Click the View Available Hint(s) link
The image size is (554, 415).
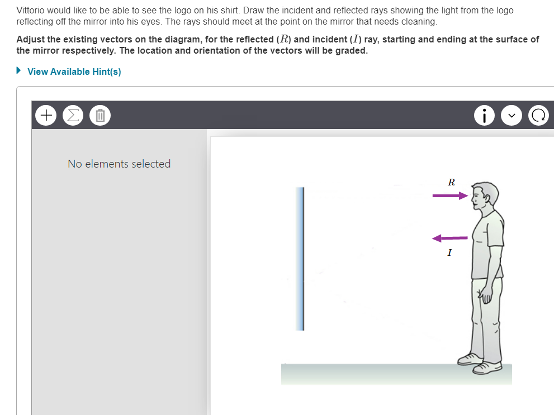74,71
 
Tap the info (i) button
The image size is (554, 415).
484,116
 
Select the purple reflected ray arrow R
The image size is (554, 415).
449,195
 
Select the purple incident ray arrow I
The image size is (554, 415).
449,238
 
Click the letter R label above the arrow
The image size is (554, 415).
451,182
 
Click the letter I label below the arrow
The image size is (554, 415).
449,253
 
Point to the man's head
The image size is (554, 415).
484,195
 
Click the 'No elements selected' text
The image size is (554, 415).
119,164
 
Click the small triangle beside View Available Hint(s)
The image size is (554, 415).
20,71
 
